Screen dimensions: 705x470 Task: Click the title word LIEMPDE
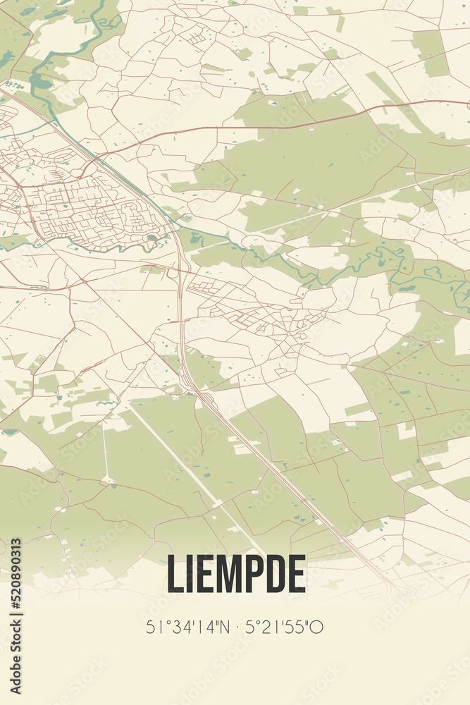tap(235, 574)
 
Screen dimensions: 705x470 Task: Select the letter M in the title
tap(225, 574)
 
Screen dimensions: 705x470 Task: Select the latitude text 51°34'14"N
tap(185, 627)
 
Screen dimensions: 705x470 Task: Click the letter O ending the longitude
tap(318, 627)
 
